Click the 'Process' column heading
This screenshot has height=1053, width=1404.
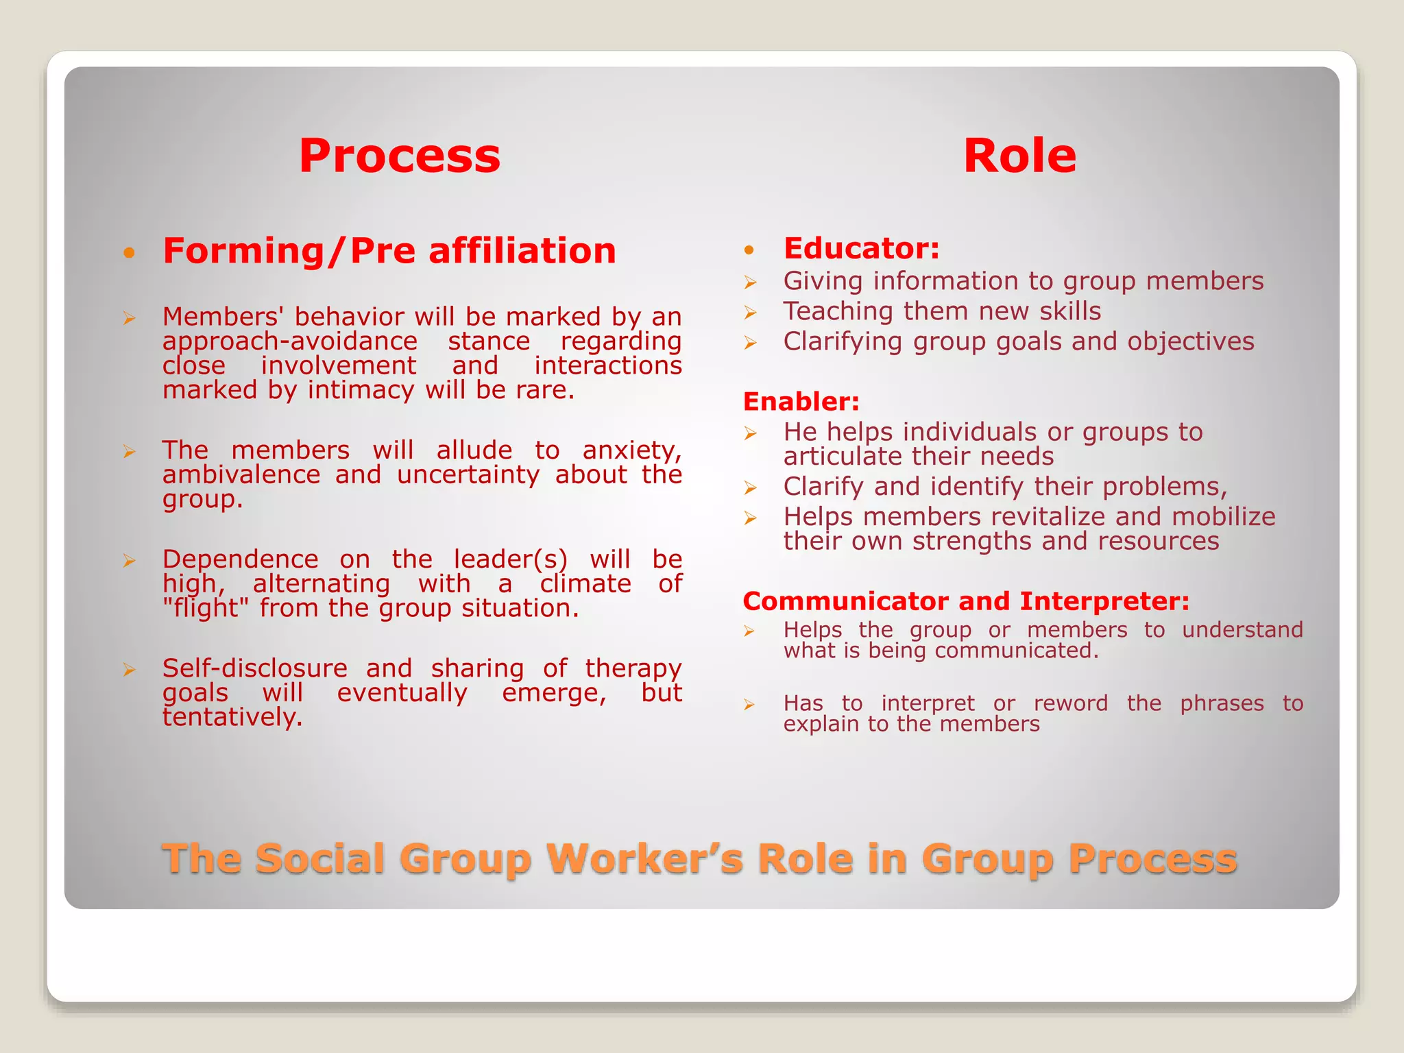(x=400, y=156)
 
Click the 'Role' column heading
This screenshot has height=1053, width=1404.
(x=1019, y=156)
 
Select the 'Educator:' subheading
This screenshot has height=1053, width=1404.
(x=861, y=248)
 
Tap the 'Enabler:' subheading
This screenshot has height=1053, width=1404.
(x=801, y=402)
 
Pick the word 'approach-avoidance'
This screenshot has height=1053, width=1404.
(x=290, y=341)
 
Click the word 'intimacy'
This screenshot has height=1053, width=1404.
(x=361, y=390)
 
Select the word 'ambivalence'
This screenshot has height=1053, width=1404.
(x=241, y=474)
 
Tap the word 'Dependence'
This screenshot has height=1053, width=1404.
(x=241, y=559)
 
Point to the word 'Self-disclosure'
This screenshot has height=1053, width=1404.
(x=255, y=668)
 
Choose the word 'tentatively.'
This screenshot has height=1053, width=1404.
(x=232, y=717)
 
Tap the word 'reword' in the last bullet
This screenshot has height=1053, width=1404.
(x=1071, y=703)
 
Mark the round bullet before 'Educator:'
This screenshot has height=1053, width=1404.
(x=749, y=250)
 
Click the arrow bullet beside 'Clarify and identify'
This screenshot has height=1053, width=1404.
(x=751, y=488)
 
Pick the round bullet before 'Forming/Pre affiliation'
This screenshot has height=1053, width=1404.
(x=129, y=253)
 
